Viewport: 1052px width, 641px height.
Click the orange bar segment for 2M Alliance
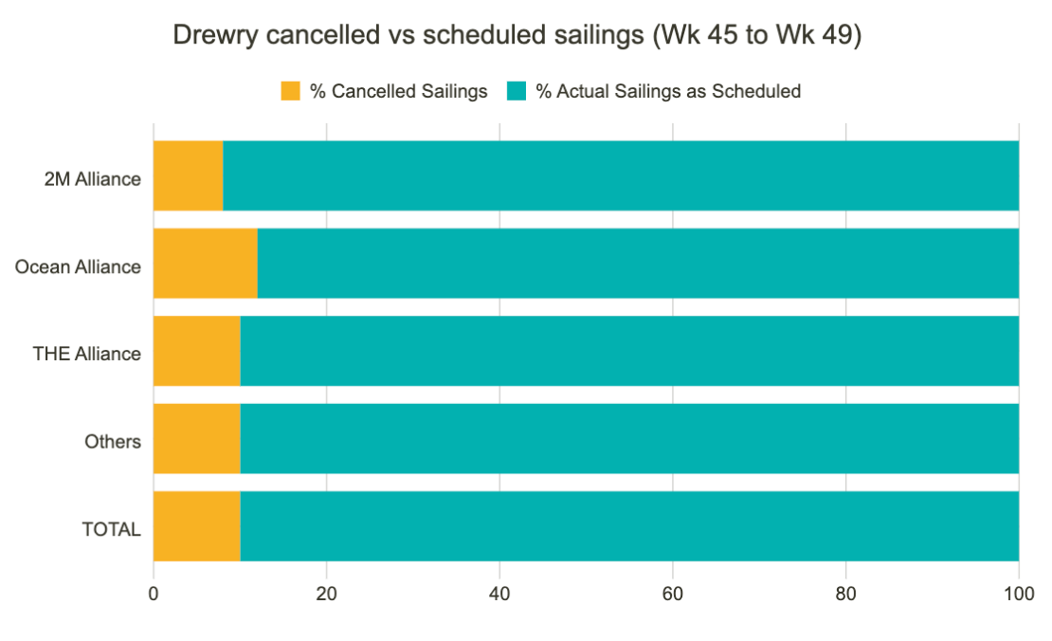pos(188,175)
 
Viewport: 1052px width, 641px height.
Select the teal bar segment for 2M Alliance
pos(621,175)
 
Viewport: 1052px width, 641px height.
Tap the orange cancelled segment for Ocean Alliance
pos(205,264)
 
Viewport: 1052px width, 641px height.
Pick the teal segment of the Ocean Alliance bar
pos(638,264)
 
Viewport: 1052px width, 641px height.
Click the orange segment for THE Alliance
pos(196,351)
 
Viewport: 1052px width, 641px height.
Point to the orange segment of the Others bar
pos(196,438)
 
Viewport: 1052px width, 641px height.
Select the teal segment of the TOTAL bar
pos(629,526)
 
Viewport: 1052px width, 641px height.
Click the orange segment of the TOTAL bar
pos(196,526)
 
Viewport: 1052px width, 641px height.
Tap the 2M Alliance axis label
pos(93,179)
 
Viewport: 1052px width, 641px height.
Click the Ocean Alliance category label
pos(78,266)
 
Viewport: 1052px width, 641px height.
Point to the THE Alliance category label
pos(86,354)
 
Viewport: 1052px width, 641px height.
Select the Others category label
pos(113,442)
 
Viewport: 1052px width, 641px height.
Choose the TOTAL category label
pos(112,529)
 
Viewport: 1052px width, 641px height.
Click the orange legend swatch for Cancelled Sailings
pos(290,91)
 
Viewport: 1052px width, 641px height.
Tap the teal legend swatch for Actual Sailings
pos(517,91)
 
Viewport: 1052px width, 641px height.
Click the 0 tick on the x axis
pos(154,595)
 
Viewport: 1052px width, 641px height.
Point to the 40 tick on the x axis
pos(499,595)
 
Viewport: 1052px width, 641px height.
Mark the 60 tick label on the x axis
pos(673,595)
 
